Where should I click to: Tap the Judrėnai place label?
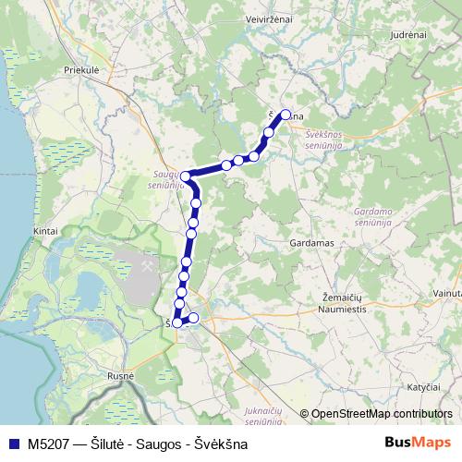(407, 34)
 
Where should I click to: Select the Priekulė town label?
(82, 69)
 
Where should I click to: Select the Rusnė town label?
(120, 376)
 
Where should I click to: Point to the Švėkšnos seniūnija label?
(329, 140)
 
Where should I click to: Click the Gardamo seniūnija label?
(373, 217)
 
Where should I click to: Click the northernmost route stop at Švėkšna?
(286, 115)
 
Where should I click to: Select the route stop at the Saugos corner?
(186, 176)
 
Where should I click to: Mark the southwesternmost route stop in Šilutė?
(177, 322)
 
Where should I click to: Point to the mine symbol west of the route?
(147, 262)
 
